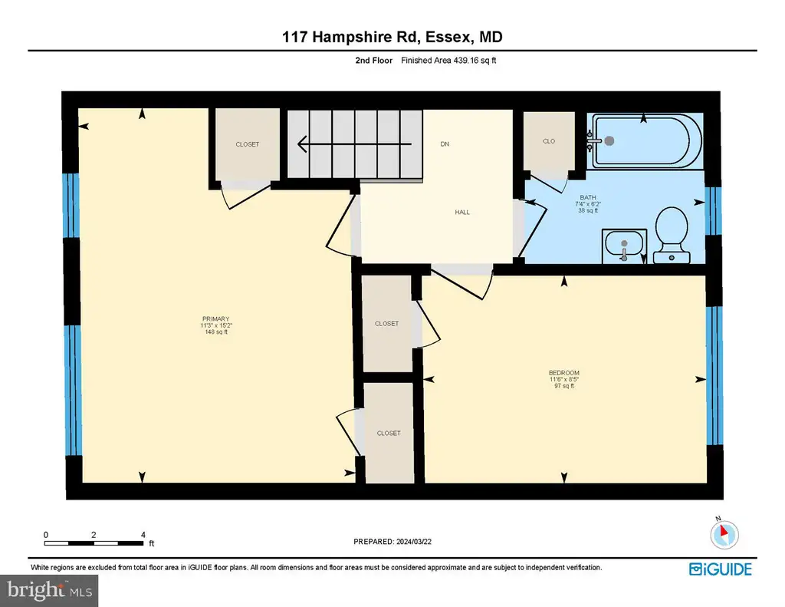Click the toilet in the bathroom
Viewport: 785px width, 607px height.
coord(672,236)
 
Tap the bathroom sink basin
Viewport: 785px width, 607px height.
coord(624,244)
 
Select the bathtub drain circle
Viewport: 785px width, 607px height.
coord(609,141)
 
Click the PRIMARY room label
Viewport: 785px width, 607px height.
coord(215,318)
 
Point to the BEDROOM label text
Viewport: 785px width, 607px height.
coord(563,373)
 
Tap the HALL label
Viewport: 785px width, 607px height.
coord(462,213)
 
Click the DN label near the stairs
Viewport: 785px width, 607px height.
coord(445,144)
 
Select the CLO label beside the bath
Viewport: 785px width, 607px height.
coord(549,141)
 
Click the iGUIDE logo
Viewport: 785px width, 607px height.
coord(721,569)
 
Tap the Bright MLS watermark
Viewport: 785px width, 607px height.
coord(49,590)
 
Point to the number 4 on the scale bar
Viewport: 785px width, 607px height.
coord(143,535)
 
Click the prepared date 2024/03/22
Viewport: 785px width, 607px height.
coord(413,542)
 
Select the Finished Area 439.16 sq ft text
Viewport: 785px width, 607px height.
coord(448,61)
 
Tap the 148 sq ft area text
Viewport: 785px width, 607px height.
coord(216,332)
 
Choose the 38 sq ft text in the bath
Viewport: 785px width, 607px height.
coord(588,210)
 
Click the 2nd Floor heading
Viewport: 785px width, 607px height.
coord(374,61)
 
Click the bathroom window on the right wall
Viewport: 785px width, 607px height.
coord(713,211)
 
